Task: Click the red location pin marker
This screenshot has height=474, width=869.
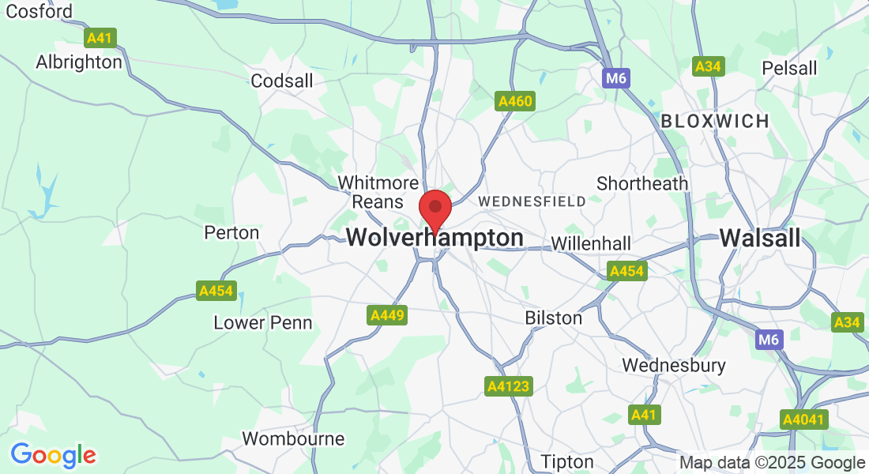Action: click(434, 209)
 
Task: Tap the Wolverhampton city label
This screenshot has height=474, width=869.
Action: click(434, 238)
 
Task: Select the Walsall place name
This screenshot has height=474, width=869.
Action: click(760, 238)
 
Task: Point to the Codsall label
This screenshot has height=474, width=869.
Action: click(282, 81)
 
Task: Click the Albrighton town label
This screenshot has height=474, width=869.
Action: click(79, 62)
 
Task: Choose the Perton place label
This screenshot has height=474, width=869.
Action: click(231, 232)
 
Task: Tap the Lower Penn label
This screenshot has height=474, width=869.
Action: click(263, 322)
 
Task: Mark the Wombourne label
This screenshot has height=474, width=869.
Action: click(293, 438)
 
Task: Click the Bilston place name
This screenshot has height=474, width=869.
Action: click(554, 318)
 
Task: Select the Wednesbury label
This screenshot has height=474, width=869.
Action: click(674, 365)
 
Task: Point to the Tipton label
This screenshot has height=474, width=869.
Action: click(567, 461)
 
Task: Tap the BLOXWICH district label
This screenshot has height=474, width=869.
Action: click(715, 121)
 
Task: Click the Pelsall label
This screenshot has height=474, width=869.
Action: click(789, 68)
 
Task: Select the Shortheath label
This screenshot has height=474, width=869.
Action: click(642, 183)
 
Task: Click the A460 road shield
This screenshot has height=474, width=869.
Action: click(515, 101)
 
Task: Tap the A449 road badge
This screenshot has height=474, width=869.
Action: click(387, 315)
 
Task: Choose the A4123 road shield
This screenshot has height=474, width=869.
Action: click(508, 386)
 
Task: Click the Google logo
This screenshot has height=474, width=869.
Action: click(53, 455)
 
